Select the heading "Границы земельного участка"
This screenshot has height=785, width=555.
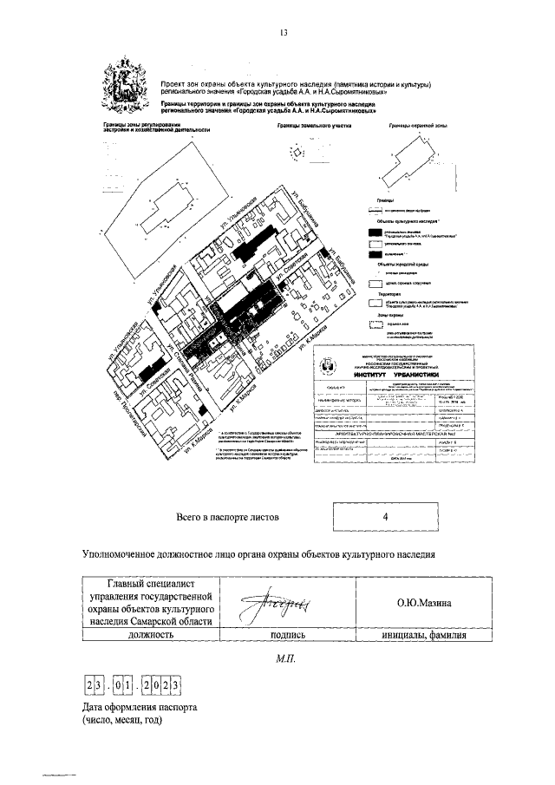[302, 127]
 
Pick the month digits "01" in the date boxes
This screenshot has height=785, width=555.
[127, 686]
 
